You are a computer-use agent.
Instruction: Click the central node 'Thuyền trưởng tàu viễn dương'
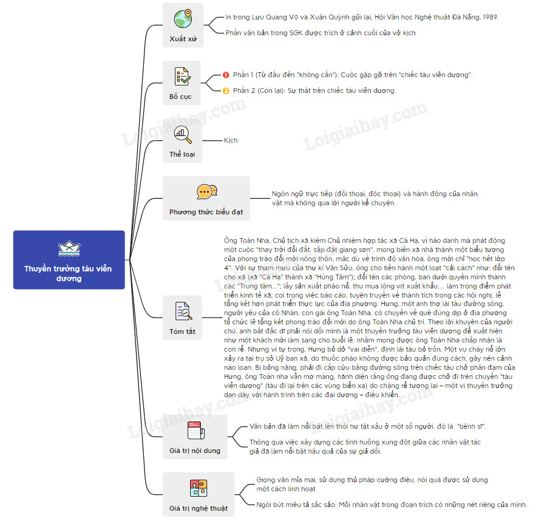68,273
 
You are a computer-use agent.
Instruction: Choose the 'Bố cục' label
180,97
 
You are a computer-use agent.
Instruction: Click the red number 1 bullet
226,75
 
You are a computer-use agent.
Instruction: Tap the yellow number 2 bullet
226,90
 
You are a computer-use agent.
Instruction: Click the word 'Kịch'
231,140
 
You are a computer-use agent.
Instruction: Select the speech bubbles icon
206,191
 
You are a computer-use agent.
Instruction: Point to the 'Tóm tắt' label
182,332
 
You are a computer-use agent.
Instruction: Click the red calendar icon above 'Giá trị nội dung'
194,430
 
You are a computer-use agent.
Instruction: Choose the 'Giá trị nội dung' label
194,451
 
